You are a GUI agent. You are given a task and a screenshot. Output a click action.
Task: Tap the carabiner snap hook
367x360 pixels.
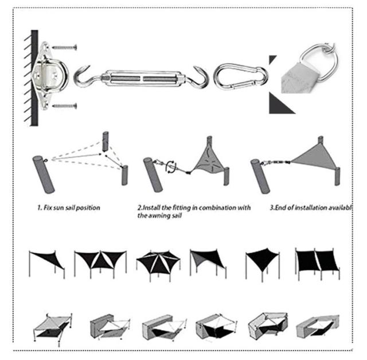pyautogui.click(x=241, y=75)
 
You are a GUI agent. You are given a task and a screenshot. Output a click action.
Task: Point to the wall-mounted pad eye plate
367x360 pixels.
pyautogui.click(x=49, y=75)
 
